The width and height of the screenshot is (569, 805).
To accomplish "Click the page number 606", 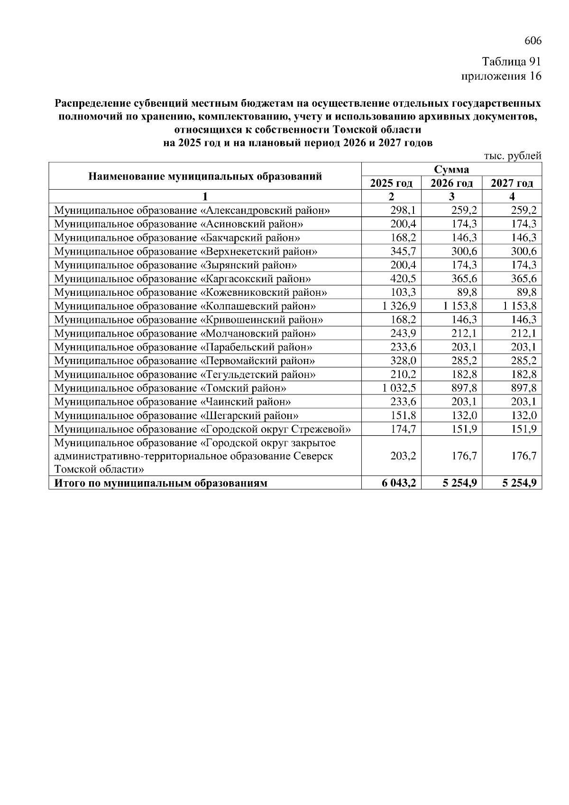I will point(532,41).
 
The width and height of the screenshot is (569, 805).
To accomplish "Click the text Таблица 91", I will point(511,62).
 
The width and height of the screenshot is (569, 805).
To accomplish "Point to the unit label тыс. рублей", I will point(512,156).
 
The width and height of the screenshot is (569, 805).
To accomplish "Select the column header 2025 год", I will point(391,183).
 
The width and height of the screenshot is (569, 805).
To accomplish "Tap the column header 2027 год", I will point(512,183).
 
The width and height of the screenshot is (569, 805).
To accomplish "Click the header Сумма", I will point(451,170).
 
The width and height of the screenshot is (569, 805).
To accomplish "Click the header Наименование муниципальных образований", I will point(205,176).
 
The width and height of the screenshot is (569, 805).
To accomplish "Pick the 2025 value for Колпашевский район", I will point(399,306).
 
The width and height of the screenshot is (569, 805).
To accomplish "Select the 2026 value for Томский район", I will point(464,388).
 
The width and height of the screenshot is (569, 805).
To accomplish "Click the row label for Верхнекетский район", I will point(186,251).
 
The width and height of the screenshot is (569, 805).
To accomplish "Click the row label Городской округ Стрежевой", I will point(202,430).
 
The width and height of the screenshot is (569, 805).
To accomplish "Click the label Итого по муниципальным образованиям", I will point(161,484).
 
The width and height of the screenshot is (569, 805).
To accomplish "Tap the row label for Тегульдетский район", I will point(185,375).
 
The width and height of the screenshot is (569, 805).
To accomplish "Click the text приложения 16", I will point(501,76).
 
